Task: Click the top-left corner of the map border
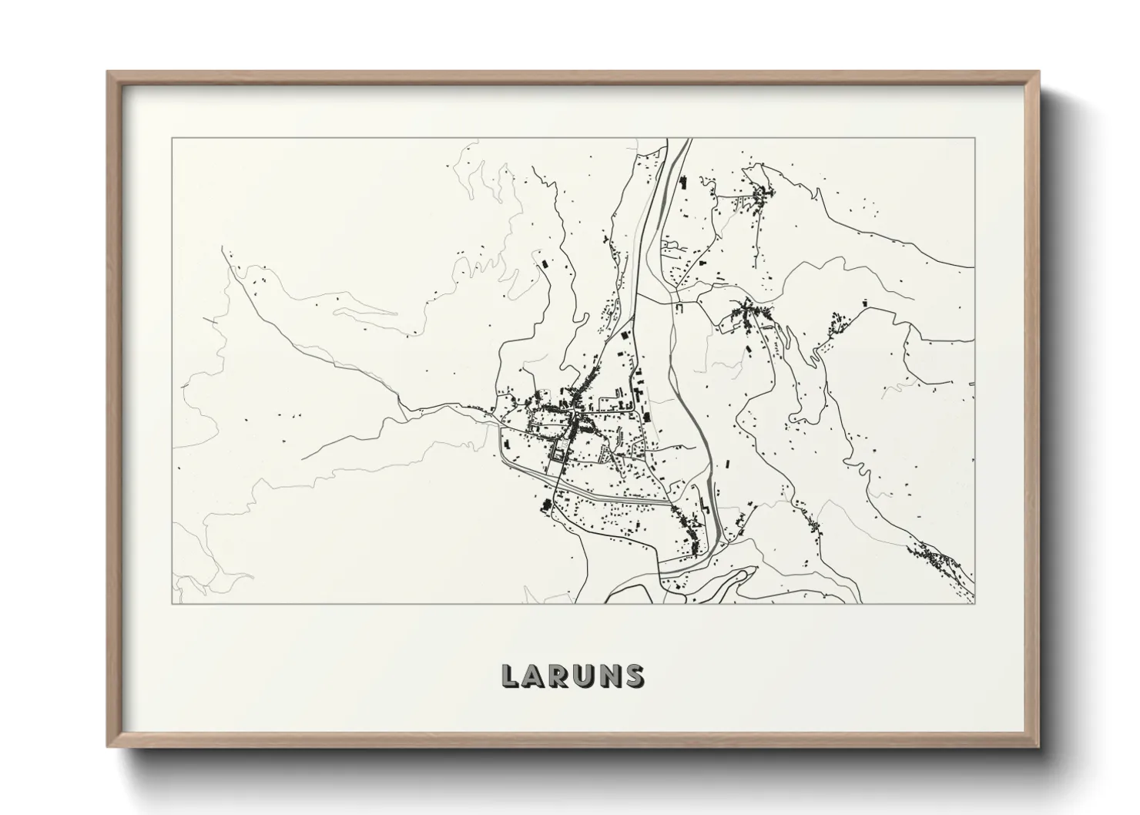point(172,139)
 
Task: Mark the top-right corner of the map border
point(974,139)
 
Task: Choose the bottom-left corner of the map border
point(172,603)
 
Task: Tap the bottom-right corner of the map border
point(974,603)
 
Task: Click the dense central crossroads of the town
point(575,420)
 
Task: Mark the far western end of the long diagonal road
point(223,249)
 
